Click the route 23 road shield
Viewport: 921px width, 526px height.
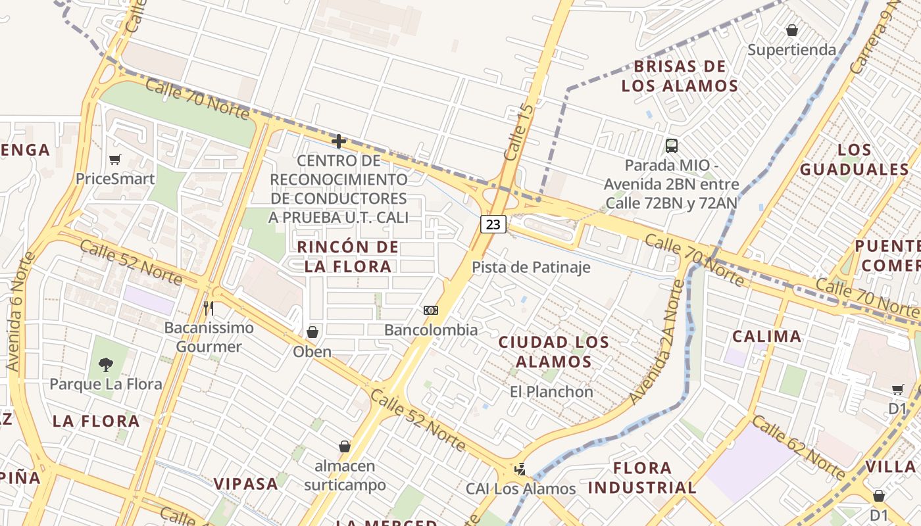coord(493,224)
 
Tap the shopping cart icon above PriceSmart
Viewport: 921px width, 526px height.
coord(115,159)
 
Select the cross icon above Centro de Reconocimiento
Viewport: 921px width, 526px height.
coord(339,141)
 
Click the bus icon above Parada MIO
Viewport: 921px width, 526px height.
coord(672,145)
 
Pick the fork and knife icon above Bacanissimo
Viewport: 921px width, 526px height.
coord(209,308)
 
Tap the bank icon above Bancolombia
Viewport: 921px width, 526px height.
coord(431,310)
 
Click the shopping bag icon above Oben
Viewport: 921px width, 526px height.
coord(312,332)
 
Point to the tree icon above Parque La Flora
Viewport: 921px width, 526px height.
coord(105,364)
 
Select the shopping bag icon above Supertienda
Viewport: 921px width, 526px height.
coord(792,30)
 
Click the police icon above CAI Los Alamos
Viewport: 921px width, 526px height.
coord(520,469)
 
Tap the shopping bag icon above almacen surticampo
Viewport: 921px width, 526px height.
coord(344,446)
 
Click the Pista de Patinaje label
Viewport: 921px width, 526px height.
coord(531,268)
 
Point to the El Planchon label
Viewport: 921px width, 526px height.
coord(551,392)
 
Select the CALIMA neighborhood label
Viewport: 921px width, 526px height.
coord(767,337)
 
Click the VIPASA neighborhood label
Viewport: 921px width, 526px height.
coord(246,484)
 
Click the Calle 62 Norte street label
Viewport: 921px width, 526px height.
coord(798,447)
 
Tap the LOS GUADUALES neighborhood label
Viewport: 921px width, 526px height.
coord(855,160)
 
